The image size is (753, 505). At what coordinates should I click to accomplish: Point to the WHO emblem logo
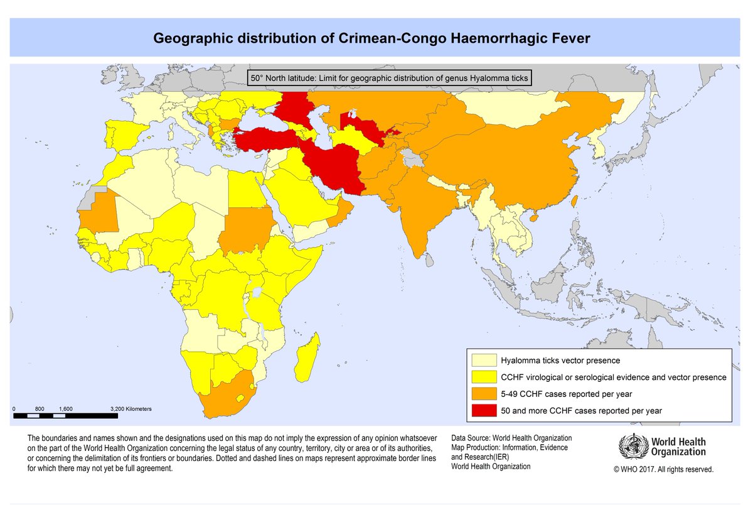point(633,447)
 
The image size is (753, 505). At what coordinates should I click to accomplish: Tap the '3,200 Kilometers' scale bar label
point(131,408)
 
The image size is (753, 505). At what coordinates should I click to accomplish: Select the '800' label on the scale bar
point(40,408)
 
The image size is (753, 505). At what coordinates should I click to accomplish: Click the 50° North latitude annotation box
point(388,78)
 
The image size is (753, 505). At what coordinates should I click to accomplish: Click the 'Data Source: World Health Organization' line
point(511,437)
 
